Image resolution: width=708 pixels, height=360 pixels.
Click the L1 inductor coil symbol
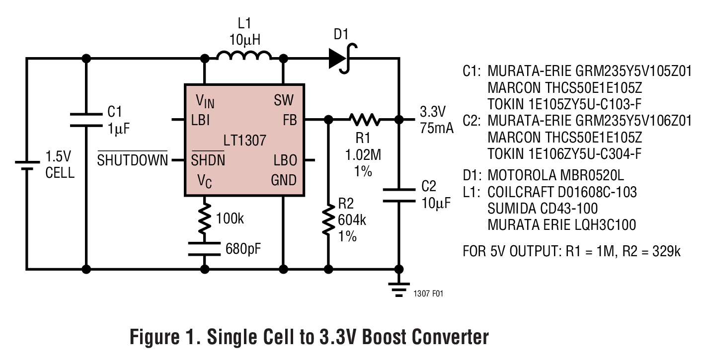[x=244, y=55]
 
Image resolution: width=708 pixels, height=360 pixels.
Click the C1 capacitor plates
[x=86, y=119]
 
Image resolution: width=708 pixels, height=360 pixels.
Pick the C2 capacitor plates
[x=398, y=195]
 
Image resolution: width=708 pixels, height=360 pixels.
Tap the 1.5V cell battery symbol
[x=26, y=165]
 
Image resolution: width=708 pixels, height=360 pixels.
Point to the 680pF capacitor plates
[x=204, y=248]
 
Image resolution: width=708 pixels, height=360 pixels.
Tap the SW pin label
[x=284, y=101]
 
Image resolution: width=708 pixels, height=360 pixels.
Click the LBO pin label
[x=285, y=160]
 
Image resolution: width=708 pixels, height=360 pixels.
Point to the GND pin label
[x=283, y=180]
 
